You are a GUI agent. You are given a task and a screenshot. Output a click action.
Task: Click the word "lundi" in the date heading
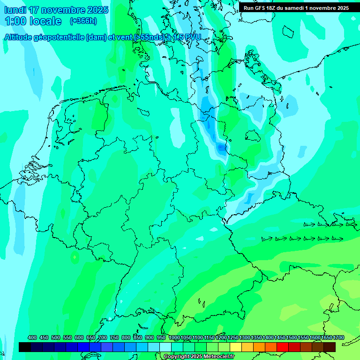point(15,10)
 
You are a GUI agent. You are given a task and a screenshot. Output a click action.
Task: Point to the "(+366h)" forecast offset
point(83,21)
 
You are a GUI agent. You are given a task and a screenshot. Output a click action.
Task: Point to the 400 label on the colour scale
point(32,337)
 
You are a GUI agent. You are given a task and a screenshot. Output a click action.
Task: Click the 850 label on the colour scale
point(138,337)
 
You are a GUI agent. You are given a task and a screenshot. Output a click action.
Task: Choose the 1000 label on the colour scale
point(174,337)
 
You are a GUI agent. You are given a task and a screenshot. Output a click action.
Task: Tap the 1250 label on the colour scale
point(233,337)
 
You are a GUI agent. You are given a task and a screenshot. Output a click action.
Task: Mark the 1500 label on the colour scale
point(292,337)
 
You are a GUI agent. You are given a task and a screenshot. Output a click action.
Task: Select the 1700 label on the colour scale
point(338,337)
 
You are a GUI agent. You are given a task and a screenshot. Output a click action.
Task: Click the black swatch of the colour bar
point(25,347)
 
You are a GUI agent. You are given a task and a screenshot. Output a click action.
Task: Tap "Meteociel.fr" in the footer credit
point(219,357)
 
